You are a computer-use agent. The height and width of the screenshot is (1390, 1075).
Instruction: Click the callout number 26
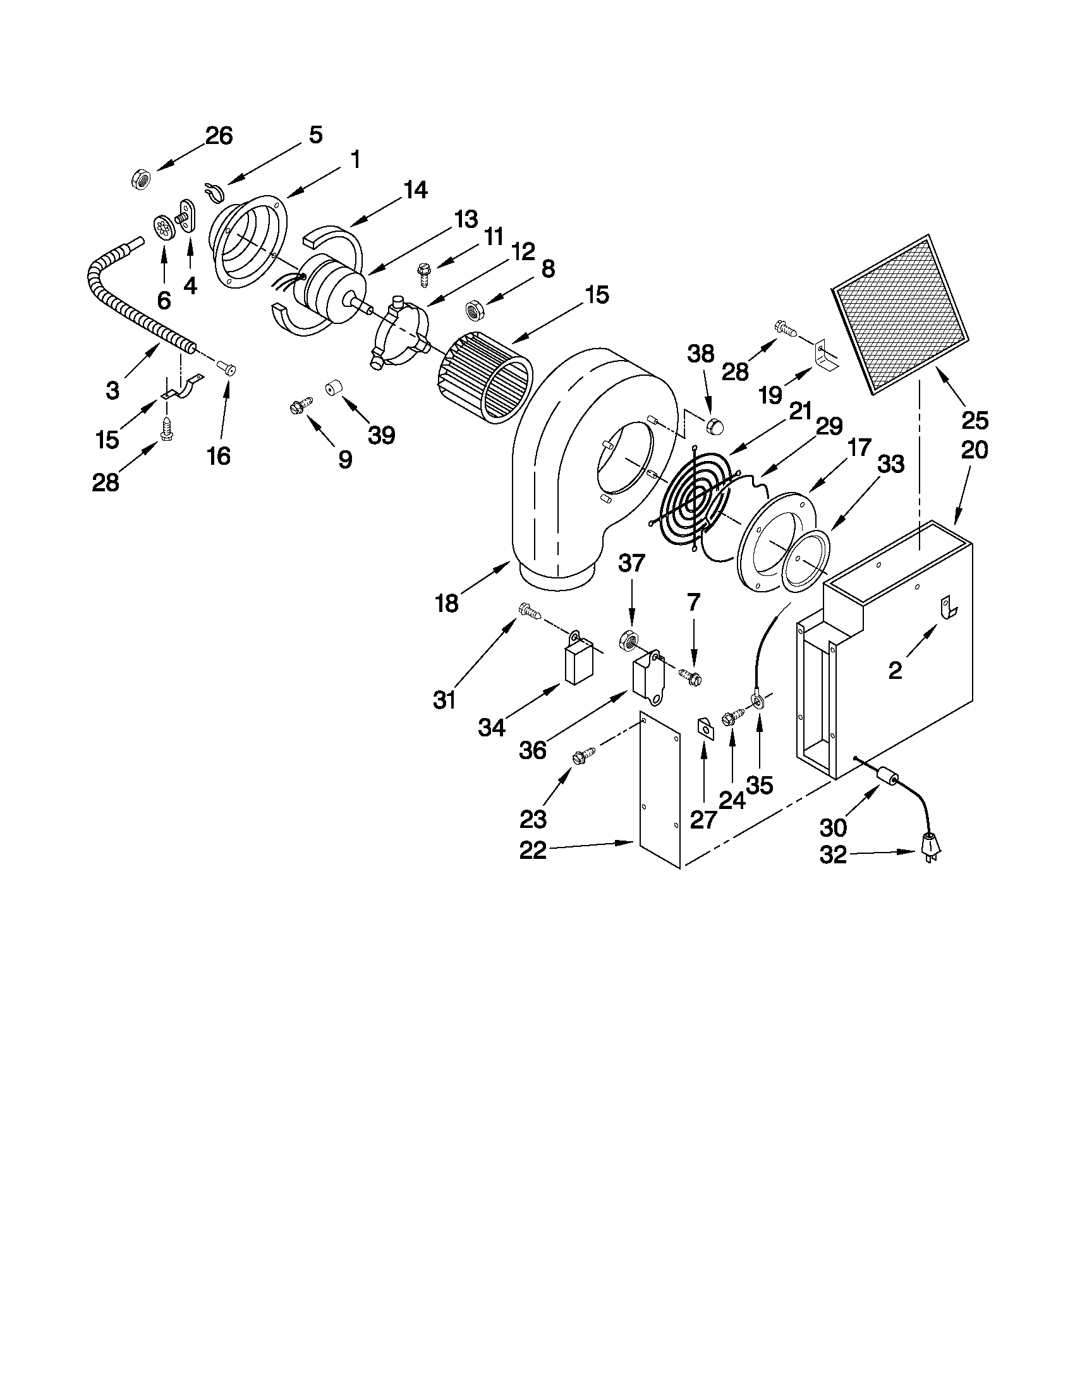(x=219, y=136)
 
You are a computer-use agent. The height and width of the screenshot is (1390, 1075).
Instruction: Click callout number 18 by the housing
(x=446, y=602)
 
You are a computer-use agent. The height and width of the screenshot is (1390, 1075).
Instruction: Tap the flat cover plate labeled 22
(x=660, y=796)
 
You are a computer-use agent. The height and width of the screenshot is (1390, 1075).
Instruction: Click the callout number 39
(x=382, y=435)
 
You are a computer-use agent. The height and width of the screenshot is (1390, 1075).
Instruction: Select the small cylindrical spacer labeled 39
(x=331, y=388)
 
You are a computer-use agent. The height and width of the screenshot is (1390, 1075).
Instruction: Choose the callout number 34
(x=492, y=726)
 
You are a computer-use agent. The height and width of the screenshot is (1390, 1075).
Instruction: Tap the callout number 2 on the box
(x=895, y=670)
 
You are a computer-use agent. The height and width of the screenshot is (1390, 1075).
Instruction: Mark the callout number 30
(x=833, y=827)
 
